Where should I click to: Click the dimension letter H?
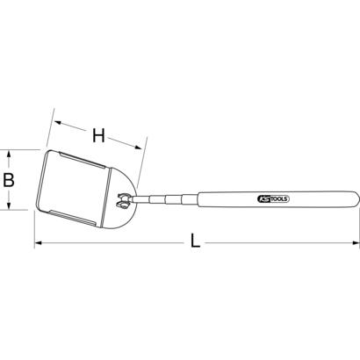tap(98, 134)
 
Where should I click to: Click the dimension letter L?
tap(195, 241)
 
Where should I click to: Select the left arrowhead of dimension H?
tap(55, 122)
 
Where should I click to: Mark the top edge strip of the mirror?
tap(88, 164)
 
